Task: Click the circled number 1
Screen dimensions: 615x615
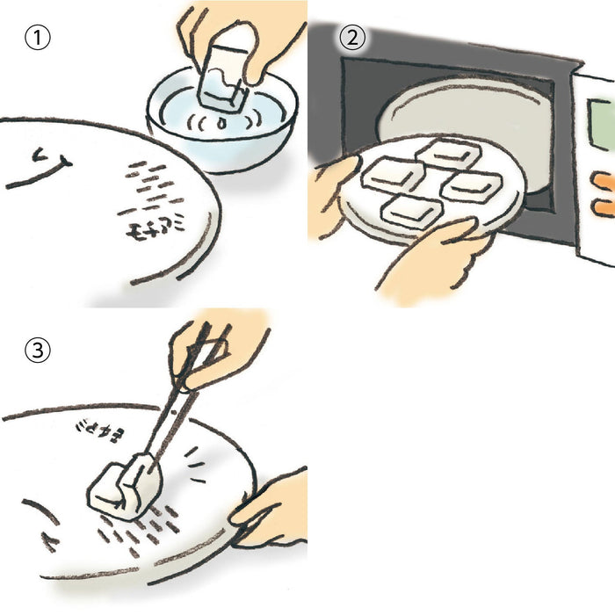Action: coord(37,40)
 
